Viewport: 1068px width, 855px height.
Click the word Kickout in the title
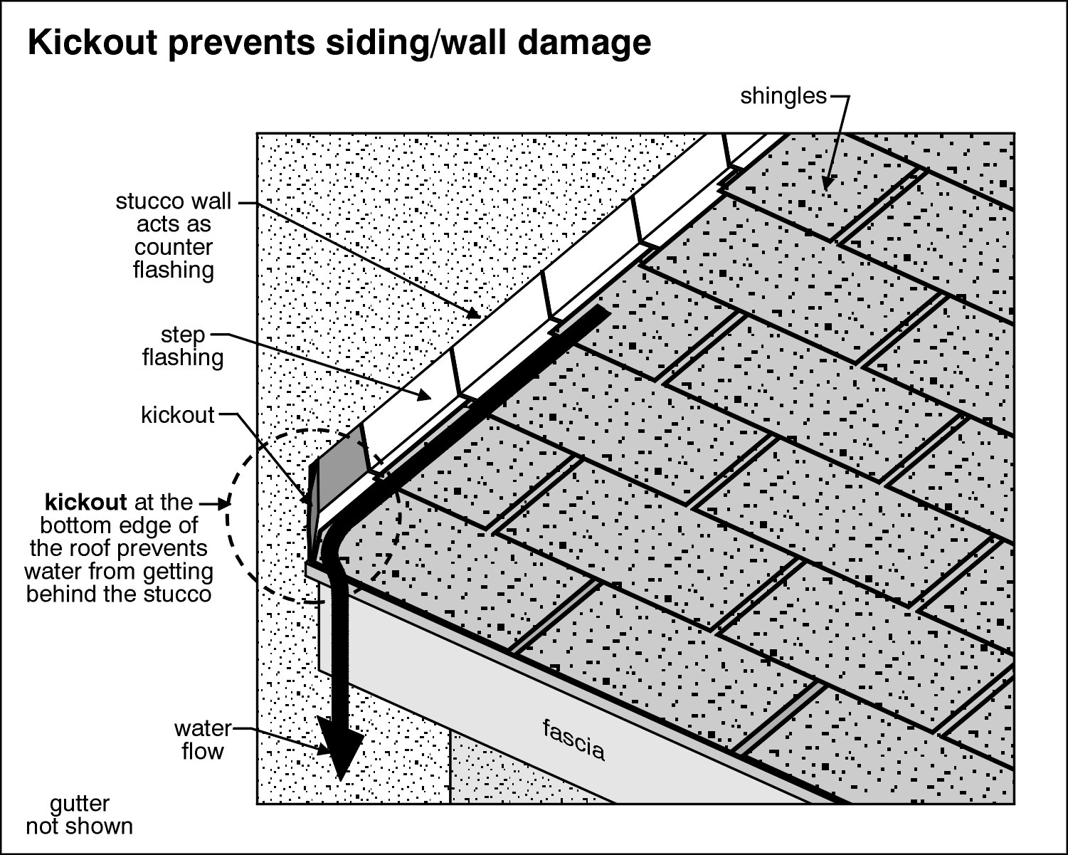point(92,43)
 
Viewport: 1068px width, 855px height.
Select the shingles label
point(783,96)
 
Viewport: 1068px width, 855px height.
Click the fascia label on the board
point(573,740)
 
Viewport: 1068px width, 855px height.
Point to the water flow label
point(203,740)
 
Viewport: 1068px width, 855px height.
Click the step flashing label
point(183,346)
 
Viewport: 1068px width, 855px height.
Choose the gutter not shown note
point(79,815)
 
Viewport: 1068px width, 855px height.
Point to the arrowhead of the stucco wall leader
point(475,313)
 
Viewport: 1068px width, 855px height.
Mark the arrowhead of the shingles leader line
point(827,184)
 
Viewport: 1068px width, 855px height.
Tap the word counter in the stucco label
point(173,248)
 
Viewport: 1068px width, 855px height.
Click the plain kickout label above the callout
point(177,415)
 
